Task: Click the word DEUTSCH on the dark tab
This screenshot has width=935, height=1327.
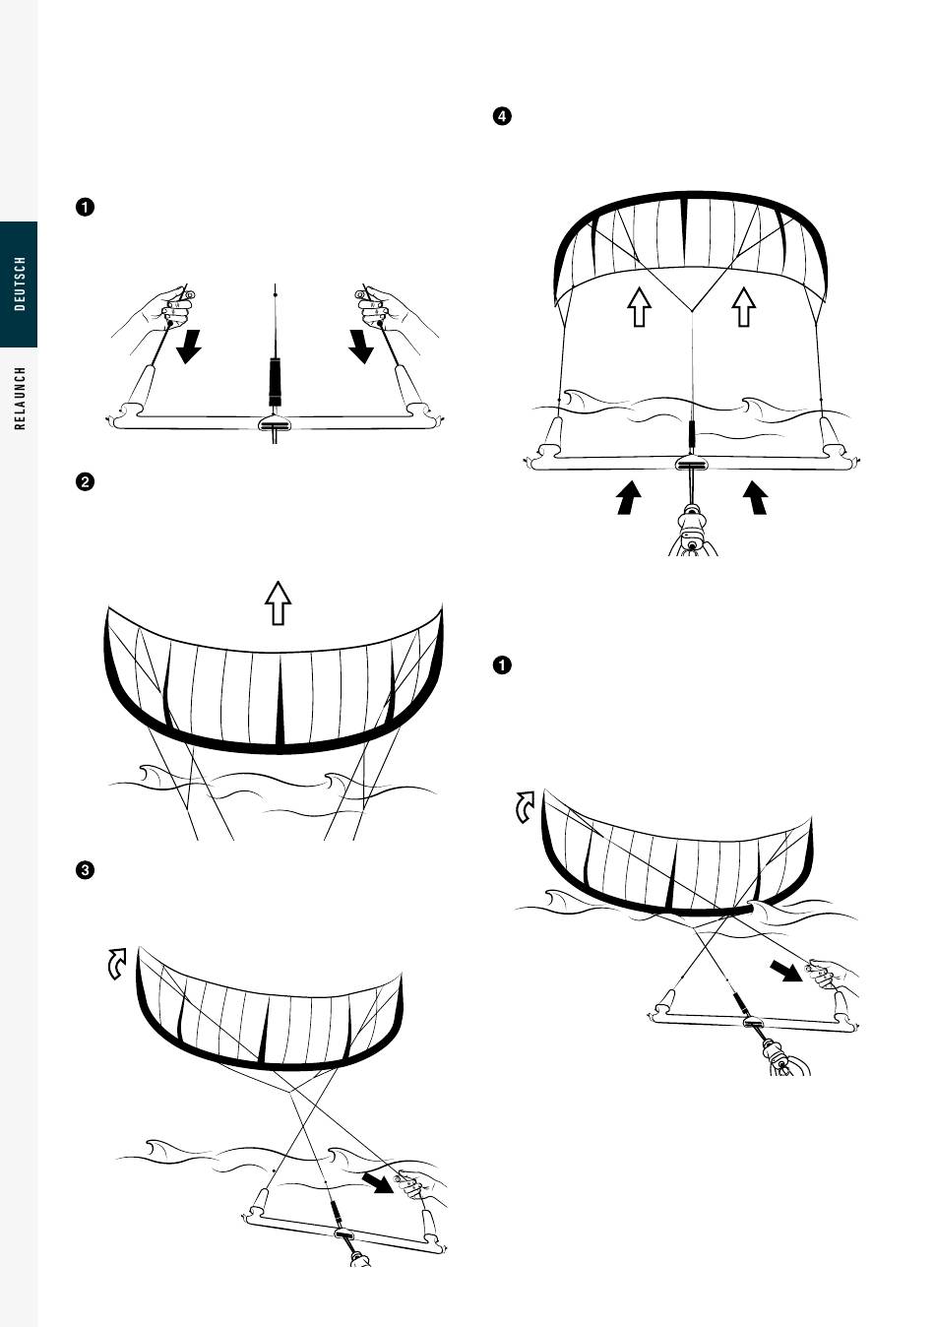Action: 21,284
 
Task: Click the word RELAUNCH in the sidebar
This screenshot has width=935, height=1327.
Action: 21,398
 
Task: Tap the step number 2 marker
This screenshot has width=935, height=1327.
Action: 86,482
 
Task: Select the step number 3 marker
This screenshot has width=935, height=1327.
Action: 86,870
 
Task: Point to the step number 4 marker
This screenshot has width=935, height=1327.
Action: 501,117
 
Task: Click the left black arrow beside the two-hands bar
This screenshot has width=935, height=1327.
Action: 188,346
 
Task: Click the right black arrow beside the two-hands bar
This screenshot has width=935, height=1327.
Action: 361,346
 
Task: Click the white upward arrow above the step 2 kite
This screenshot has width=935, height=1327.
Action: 279,602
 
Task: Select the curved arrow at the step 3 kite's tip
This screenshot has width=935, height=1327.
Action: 117,964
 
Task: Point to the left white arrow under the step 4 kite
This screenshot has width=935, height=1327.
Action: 640,306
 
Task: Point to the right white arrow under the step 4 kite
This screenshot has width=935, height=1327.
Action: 744,306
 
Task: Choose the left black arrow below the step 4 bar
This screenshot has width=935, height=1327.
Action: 627,497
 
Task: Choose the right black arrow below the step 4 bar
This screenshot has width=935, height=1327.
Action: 755,497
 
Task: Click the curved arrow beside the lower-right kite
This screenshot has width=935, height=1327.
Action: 527,807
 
